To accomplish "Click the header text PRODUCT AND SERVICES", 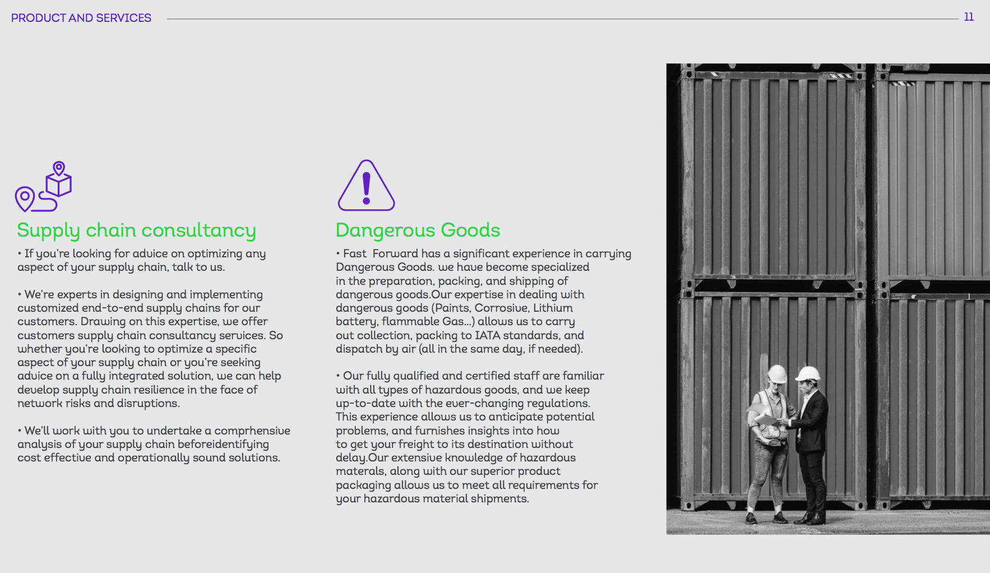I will click(x=81, y=18).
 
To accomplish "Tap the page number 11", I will click(x=969, y=17).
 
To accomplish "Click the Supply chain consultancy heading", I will click(x=136, y=230).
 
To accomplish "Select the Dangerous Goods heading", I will click(x=418, y=230).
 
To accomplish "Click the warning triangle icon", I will click(x=366, y=186).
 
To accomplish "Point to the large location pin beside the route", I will click(x=25, y=198).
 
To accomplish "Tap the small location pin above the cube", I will click(x=59, y=168).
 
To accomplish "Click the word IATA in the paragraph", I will click(x=488, y=335).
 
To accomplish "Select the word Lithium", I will click(x=553, y=308).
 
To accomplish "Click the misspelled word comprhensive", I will click(x=252, y=431).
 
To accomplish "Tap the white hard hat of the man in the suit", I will click(x=808, y=373).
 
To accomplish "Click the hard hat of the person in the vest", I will click(x=777, y=373).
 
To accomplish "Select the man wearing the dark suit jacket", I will click(x=811, y=437).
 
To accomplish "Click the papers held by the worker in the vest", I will click(x=765, y=417).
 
